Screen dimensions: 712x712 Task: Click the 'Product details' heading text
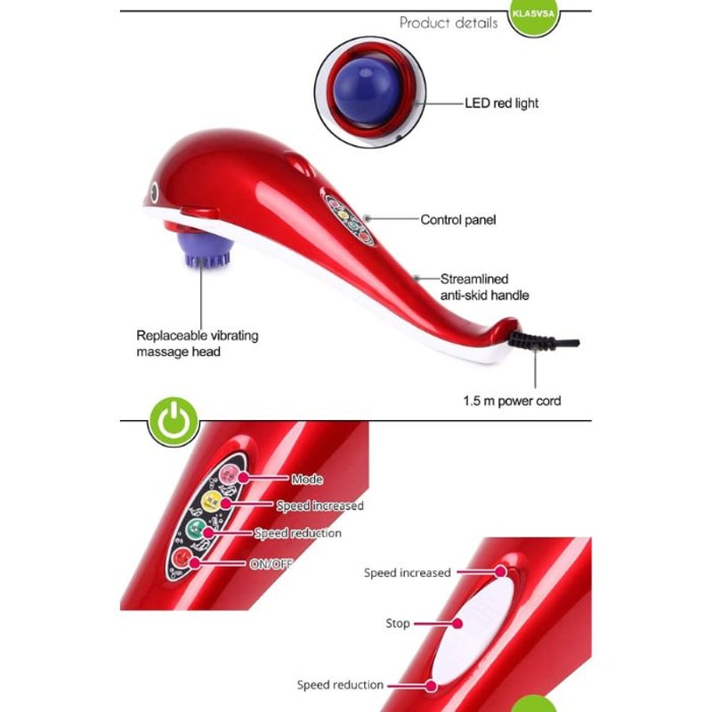449,23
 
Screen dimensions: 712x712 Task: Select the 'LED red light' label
501,103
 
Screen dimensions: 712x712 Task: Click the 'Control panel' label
457,220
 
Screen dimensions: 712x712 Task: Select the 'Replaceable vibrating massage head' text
197,344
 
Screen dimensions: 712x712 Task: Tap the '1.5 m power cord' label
512,400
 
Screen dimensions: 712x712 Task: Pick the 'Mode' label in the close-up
307,480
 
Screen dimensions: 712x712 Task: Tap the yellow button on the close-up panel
214,503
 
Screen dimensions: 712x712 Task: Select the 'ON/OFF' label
272,563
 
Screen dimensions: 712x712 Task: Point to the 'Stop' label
398,624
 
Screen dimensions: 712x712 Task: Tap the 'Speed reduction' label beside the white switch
340,685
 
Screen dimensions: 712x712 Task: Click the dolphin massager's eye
157,191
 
